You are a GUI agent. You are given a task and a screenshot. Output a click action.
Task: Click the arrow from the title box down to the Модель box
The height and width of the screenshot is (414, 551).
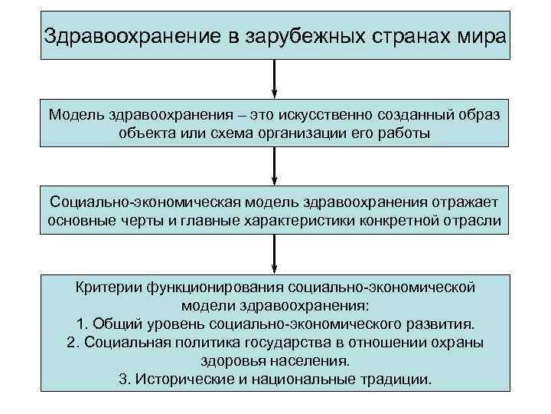(x=275, y=77)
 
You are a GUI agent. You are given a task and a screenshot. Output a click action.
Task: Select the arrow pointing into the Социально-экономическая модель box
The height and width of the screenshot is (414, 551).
(x=275, y=166)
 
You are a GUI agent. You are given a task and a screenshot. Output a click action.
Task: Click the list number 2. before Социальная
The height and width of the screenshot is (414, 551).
(x=73, y=341)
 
